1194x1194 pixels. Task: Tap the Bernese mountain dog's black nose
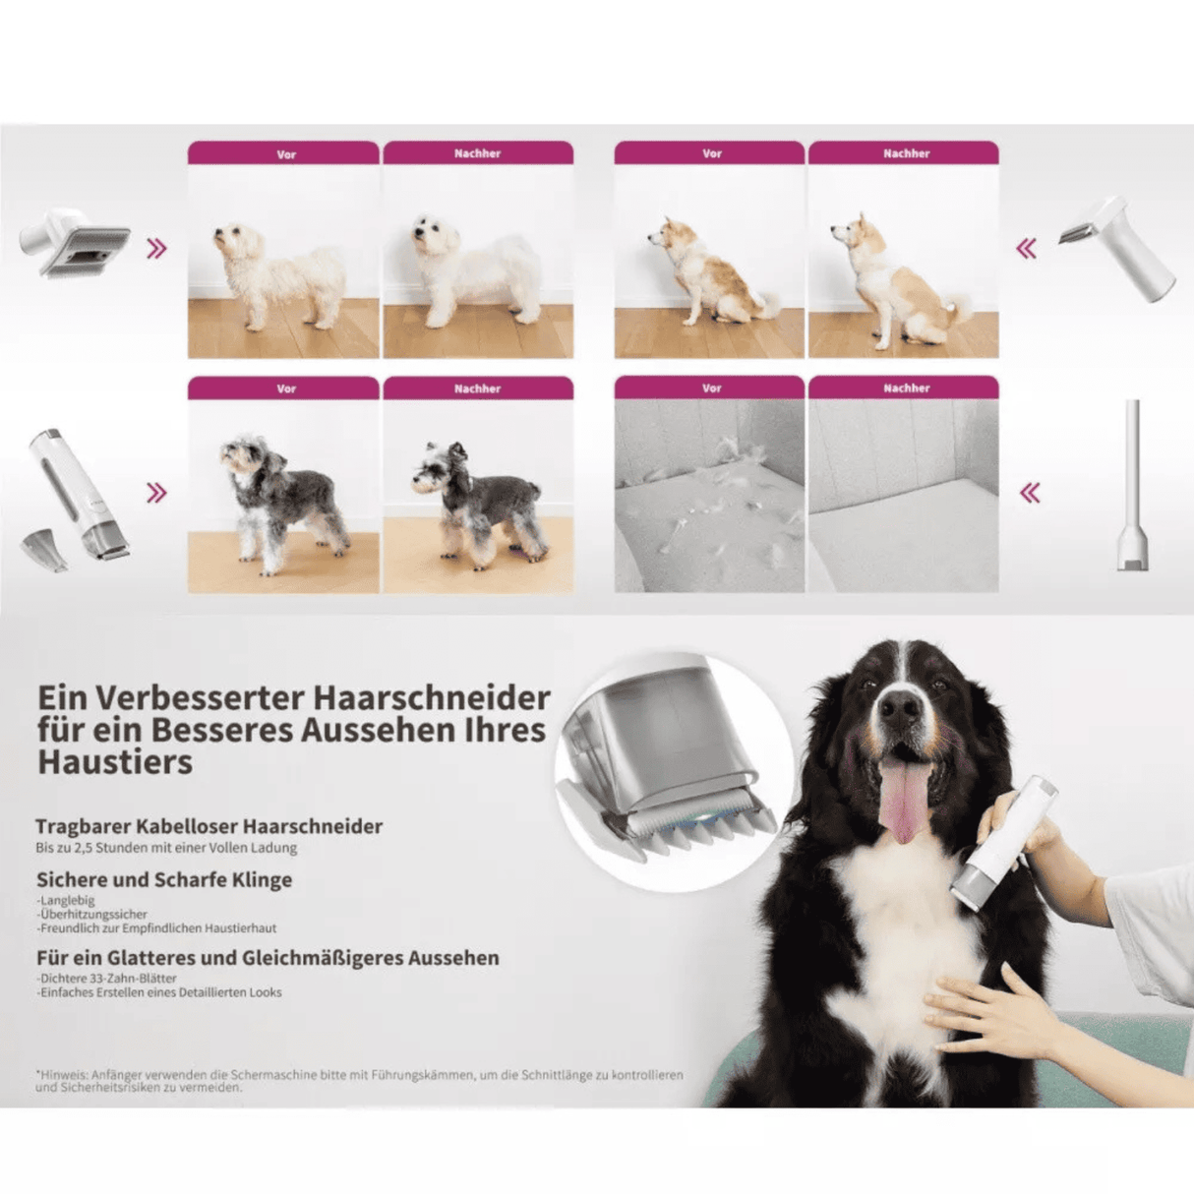click(x=900, y=705)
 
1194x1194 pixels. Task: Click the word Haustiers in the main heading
click(x=115, y=761)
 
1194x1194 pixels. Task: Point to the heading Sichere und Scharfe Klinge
click(x=164, y=879)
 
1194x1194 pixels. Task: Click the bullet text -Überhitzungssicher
click(x=92, y=914)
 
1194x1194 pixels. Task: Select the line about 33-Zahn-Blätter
click(x=107, y=978)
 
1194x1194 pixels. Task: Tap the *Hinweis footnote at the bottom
click(x=359, y=1081)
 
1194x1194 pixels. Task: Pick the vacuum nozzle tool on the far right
click(x=1133, y=486)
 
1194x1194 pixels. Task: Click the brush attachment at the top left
click(x=77, y=242)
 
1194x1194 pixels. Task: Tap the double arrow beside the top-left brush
click(x=156, y=249)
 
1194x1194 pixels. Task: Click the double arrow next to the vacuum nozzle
click(x=1030, y=493)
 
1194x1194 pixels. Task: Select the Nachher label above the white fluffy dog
click(x=478, y=153)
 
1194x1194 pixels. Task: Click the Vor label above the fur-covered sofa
click(x=711, y=388)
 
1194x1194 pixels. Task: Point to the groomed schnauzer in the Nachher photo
click(x=478, y=502)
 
